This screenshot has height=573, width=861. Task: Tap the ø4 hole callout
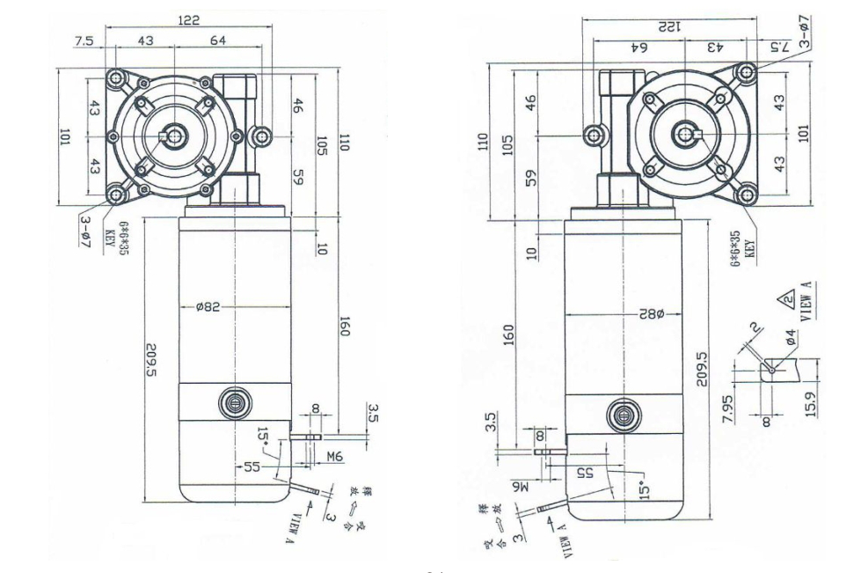tap(791, 334)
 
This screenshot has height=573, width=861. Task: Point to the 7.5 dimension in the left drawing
tap(84, 40)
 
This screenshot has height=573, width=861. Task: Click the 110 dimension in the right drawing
tap(481, 142)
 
